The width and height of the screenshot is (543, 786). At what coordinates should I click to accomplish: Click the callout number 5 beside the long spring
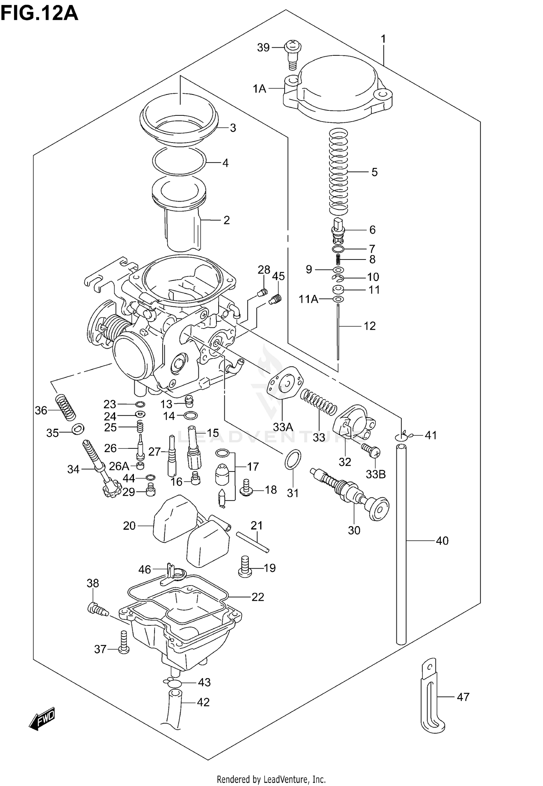click(374, 172)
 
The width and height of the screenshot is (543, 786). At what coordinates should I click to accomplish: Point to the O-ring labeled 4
click(179, 160)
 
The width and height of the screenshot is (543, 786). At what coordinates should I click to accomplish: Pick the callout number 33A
click(283, 427)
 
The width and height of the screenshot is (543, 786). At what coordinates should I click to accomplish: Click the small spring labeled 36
click(66, 407)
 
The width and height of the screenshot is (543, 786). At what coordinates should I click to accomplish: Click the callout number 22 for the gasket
click(258, 597)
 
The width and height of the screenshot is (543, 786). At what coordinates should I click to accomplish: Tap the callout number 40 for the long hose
click(442, 541)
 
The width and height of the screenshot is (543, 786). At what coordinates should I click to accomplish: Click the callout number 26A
click(119, 466)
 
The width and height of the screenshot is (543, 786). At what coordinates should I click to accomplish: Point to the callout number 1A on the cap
click(260, 89)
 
